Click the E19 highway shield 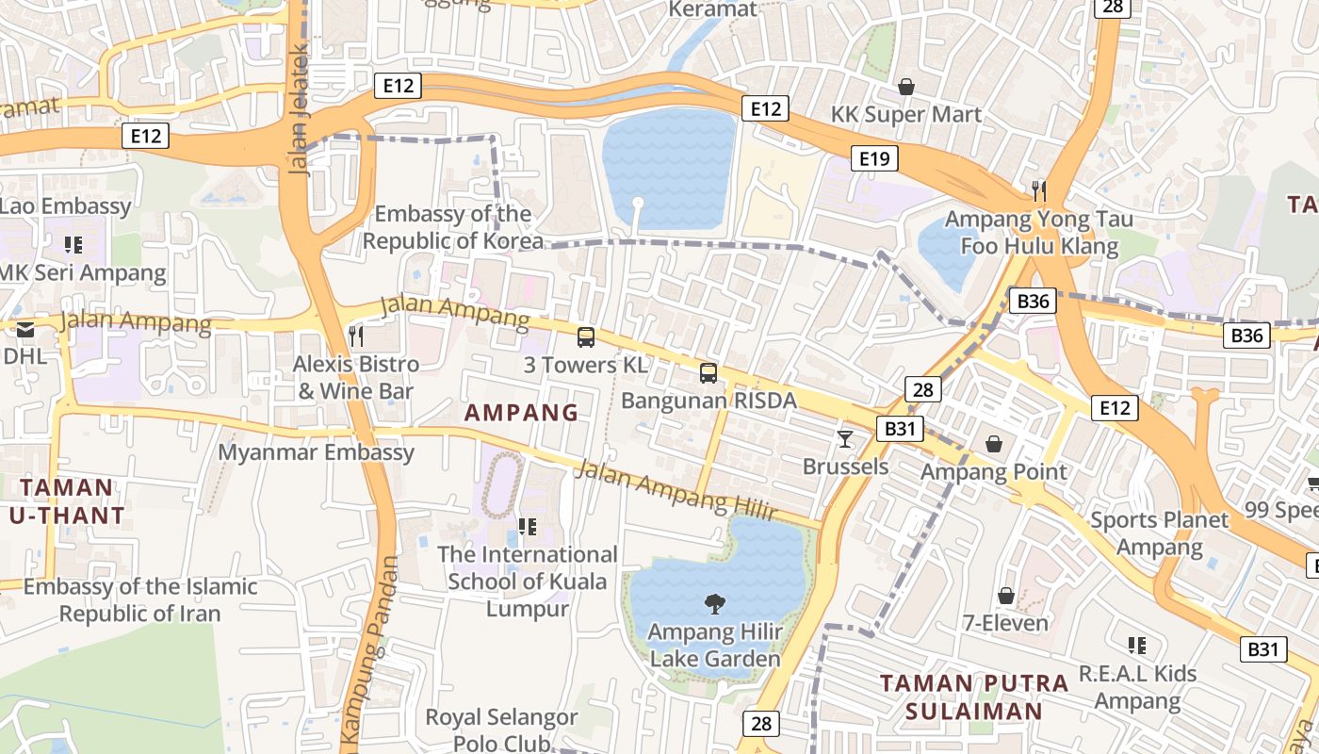874,158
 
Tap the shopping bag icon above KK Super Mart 906,87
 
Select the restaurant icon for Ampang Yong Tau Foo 1039,191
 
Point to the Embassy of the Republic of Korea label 453,227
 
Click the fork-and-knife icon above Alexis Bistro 355,335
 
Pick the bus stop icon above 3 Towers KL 586,336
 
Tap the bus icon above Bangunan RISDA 708,372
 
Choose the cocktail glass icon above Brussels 845,438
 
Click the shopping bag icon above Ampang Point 994,444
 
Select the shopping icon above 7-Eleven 1006,596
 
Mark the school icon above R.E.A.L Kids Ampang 1137,646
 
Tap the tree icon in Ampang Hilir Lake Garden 715,603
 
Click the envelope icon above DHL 25,329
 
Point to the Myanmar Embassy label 317,452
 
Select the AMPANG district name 521,412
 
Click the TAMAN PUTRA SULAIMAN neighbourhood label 974,697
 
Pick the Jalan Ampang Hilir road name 677,490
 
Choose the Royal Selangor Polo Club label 501,729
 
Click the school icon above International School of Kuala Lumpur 528,526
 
